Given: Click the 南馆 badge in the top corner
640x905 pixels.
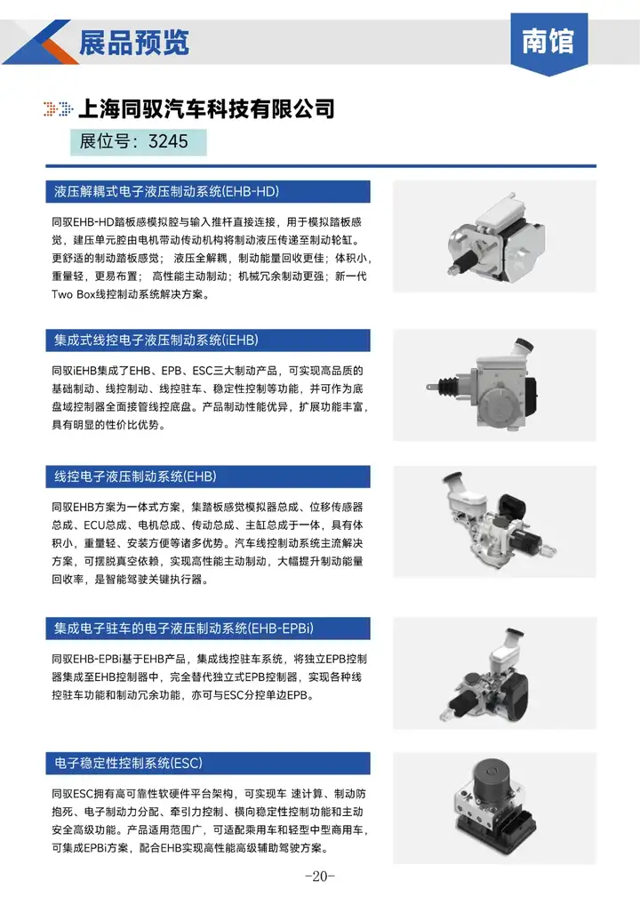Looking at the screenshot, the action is click(x=548, y=44).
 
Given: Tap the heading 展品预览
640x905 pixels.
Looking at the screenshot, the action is click(x=134, y=43).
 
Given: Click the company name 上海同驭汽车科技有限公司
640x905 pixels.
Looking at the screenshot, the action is click(x=206, y=108).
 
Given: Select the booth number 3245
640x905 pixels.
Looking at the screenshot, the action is click(x=168, y=141).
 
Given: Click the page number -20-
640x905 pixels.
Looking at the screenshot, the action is click(x=320, y=877).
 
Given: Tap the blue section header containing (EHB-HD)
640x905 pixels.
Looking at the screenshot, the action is click(x=208, y=192).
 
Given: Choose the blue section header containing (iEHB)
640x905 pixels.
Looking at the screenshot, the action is click(x=208, y=340).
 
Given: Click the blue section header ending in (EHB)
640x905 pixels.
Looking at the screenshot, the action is click(x=208, y=477).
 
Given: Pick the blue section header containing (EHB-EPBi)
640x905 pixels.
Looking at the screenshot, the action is click(x=208, y=629).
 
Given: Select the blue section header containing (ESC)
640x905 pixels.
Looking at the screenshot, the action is click(x=208, y=763).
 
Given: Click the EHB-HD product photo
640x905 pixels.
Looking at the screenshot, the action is click(x=495, y=237).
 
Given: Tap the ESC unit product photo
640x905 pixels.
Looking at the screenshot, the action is click(x=494, y=808).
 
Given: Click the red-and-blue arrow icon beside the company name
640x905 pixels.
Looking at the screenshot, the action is click(x=59, y=108).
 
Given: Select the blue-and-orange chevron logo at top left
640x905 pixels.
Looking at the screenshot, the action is click(x=40, y=42).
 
